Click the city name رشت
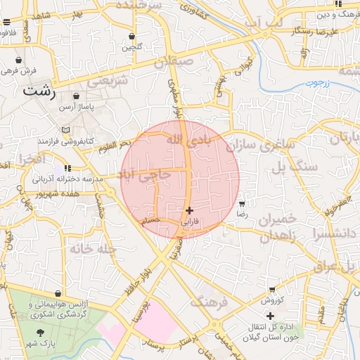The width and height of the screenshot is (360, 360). click(x=39, y=91)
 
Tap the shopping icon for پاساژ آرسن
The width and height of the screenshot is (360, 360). click(x=76, y=96)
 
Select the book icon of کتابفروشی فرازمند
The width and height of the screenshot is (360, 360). click(x=65, y=130)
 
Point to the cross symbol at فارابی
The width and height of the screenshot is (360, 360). click(x=190, y=210)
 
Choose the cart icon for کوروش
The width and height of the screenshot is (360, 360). click(x=272, y=289)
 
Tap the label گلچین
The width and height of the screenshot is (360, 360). click(x=132, y=48)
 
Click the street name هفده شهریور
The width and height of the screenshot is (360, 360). click(x=53, y=192)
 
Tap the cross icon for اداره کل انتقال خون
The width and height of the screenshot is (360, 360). click(x=271, y=316)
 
